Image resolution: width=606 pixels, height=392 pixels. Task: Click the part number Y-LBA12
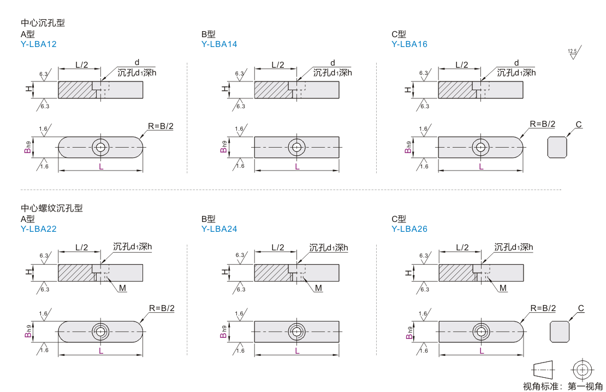(x=39, y=44)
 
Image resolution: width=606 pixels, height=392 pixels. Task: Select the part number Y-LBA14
(x=219, y=44)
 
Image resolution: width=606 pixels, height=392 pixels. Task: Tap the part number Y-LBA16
(x=409, y=44)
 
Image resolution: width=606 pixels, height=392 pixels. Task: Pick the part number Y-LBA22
(x=39, y=229)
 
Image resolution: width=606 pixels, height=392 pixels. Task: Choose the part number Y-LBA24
(x=219, y=229)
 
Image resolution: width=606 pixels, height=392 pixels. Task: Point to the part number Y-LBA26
(x=409, y=229)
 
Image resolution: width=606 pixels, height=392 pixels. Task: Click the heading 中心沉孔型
(x=43, y=23)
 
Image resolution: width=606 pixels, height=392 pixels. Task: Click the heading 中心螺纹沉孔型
(x=52, y=208)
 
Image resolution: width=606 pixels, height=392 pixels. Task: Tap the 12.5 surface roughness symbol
(x=574, y=52)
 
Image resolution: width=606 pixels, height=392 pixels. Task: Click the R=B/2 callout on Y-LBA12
(x=161, y=126)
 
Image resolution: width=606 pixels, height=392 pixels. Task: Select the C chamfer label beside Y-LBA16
(x=579, y=125)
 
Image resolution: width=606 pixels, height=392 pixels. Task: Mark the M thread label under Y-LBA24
(x=318, y=288)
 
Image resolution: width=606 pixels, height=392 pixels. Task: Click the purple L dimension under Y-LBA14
(x=297, y=167)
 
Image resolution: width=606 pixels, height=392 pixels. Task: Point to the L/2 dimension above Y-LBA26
(x=462, y=247)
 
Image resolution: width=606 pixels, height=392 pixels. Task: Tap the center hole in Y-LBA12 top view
(x=100, y=147)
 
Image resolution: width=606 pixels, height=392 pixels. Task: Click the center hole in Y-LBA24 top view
(x=297, y=332)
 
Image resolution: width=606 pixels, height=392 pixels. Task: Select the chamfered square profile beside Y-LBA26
(x=560, y=332)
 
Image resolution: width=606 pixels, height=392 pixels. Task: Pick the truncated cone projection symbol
(x=544, y=370)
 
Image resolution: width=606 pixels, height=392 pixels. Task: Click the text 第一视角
(x=585, y=386)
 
